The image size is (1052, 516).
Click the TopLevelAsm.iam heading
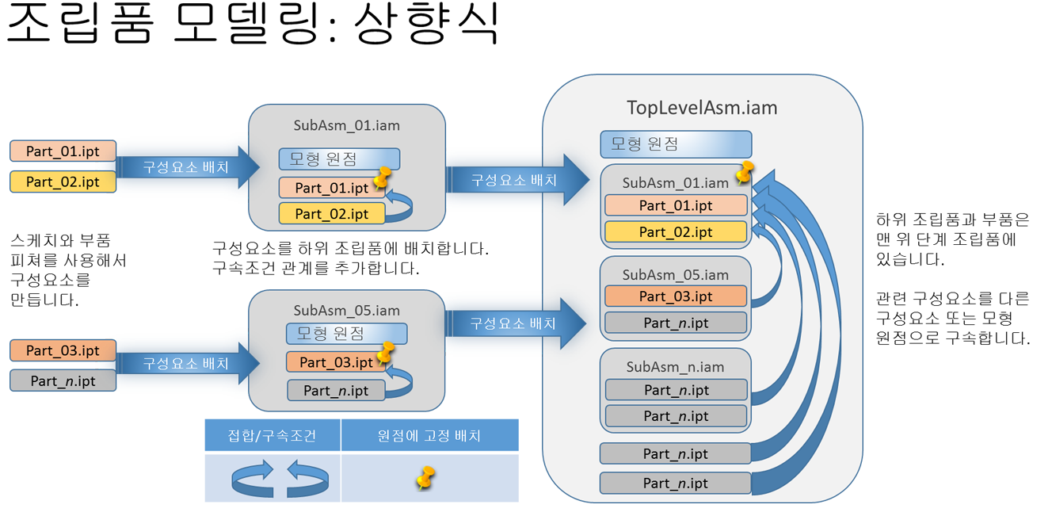702,107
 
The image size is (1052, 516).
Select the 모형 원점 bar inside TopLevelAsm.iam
676,144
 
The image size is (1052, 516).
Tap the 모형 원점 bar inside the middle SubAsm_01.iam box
339,159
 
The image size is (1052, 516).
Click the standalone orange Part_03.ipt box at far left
63,350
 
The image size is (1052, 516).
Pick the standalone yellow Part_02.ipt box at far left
63,182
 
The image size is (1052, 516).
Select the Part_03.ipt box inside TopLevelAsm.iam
676,296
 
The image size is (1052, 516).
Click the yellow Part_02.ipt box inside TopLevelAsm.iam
676,232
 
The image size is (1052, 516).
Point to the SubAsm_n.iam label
675,367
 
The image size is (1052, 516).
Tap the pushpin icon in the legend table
426,478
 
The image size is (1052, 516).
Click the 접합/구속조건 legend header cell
273,436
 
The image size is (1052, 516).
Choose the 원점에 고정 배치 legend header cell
429,436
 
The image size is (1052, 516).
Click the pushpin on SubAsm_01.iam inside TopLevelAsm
745,172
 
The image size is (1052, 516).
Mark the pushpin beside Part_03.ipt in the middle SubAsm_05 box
386,352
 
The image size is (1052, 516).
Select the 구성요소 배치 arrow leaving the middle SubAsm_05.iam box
515,323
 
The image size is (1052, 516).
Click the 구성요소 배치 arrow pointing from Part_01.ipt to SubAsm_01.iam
187,167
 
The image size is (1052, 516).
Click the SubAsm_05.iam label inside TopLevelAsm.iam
675,275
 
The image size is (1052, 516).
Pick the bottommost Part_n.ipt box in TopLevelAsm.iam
675,483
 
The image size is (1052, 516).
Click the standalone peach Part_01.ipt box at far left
63,151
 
